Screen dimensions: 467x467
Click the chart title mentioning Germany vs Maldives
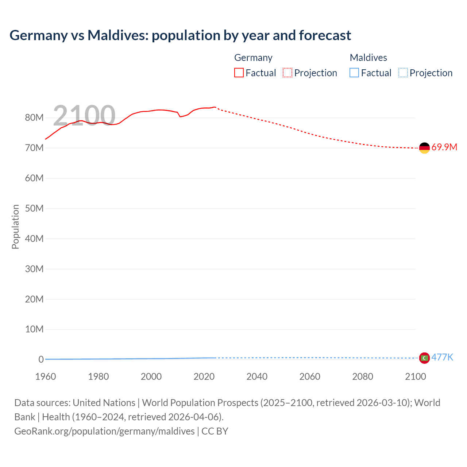180,35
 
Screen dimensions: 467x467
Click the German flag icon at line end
424,148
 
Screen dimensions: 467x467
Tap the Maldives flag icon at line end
424,358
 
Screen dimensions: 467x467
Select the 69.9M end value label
444,147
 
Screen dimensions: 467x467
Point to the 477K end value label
442,358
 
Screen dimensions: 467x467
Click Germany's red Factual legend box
239,73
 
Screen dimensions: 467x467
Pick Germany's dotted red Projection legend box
287,73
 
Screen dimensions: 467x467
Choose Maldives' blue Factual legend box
354,73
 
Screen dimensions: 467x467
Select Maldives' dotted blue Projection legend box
403,73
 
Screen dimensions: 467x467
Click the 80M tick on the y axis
34,118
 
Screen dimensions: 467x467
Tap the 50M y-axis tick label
34,208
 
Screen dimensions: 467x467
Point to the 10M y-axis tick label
34,329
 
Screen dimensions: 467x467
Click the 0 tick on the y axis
41,359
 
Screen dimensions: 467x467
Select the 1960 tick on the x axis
46,377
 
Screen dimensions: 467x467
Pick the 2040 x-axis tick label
257,377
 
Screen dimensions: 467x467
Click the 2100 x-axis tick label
415,377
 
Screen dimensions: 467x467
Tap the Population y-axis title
15,227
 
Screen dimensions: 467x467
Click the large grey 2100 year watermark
84,116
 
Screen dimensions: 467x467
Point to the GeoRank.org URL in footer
104,431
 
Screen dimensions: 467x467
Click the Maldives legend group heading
368,58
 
